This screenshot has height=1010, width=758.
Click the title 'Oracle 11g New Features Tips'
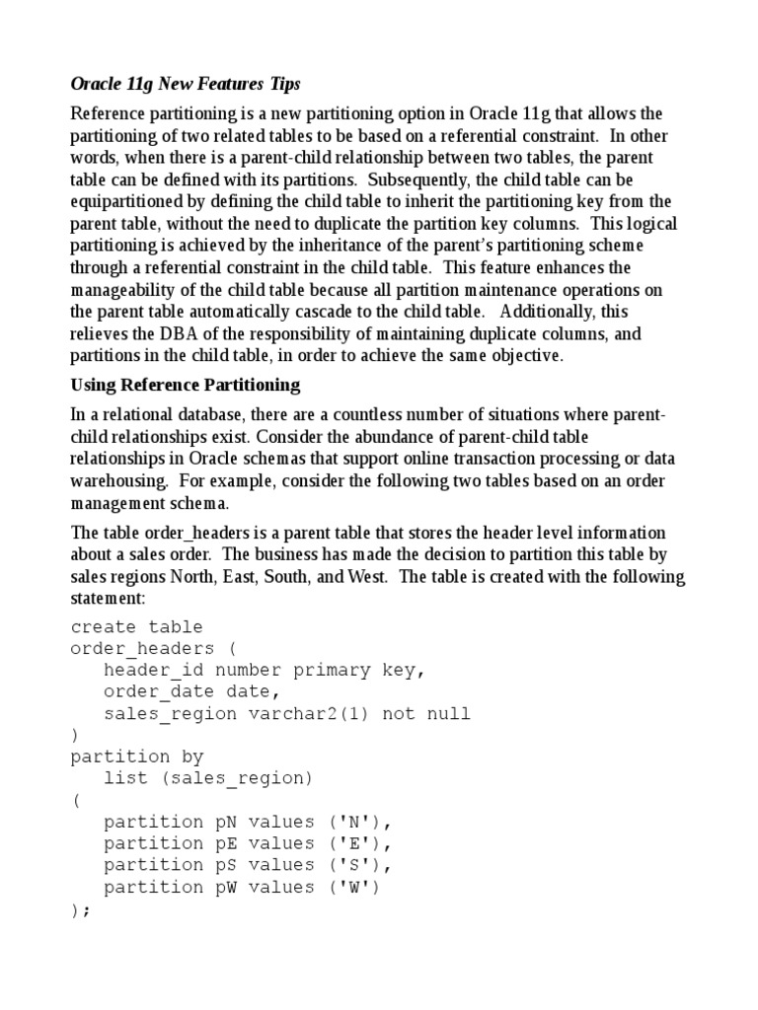point(185,86)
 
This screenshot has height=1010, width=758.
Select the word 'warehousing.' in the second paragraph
point(113,481)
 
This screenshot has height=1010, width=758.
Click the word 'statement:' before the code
point(108,599)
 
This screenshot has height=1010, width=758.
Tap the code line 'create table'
point(136,626)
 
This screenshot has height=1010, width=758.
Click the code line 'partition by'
point(136,757)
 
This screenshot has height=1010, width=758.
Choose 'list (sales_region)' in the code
point(207,778)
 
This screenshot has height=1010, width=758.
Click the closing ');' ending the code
point(80,909)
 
